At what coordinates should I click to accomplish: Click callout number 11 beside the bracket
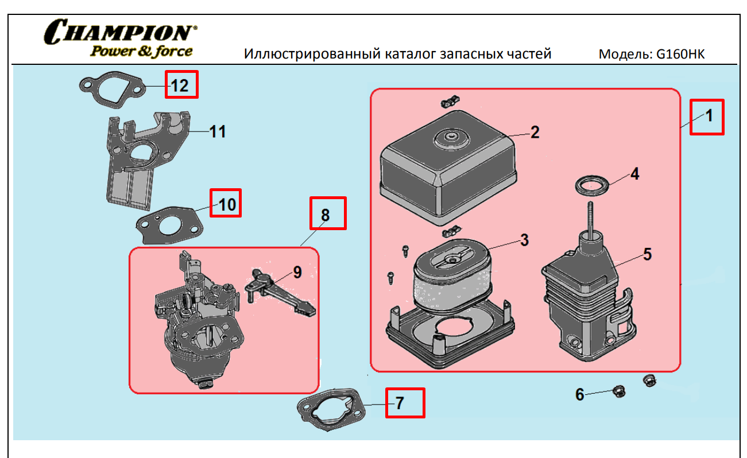tap(217, 131)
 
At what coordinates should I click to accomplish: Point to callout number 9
tap(297, 272)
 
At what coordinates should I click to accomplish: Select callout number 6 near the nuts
tap(580, 394)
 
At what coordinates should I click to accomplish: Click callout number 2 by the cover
tap(535, 133)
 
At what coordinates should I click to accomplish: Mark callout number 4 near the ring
tap(634, 174)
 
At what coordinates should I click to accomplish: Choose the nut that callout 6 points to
tap(618, 391)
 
